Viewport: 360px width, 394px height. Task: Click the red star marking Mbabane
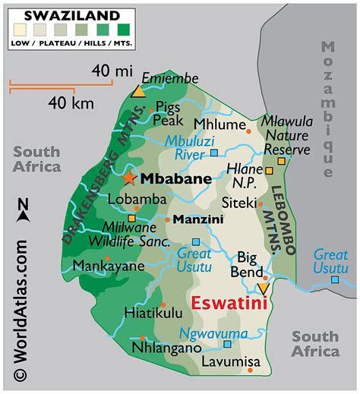coord(129,178)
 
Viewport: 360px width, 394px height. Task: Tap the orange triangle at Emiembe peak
coord(137,92)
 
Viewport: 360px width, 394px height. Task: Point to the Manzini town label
coord(197,220)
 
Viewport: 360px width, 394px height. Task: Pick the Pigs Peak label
coord(169,113)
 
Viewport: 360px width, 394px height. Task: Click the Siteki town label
coord(237,203)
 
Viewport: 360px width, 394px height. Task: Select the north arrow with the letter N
coord(23,210)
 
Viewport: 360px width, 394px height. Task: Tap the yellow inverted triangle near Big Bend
coord(263,288)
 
